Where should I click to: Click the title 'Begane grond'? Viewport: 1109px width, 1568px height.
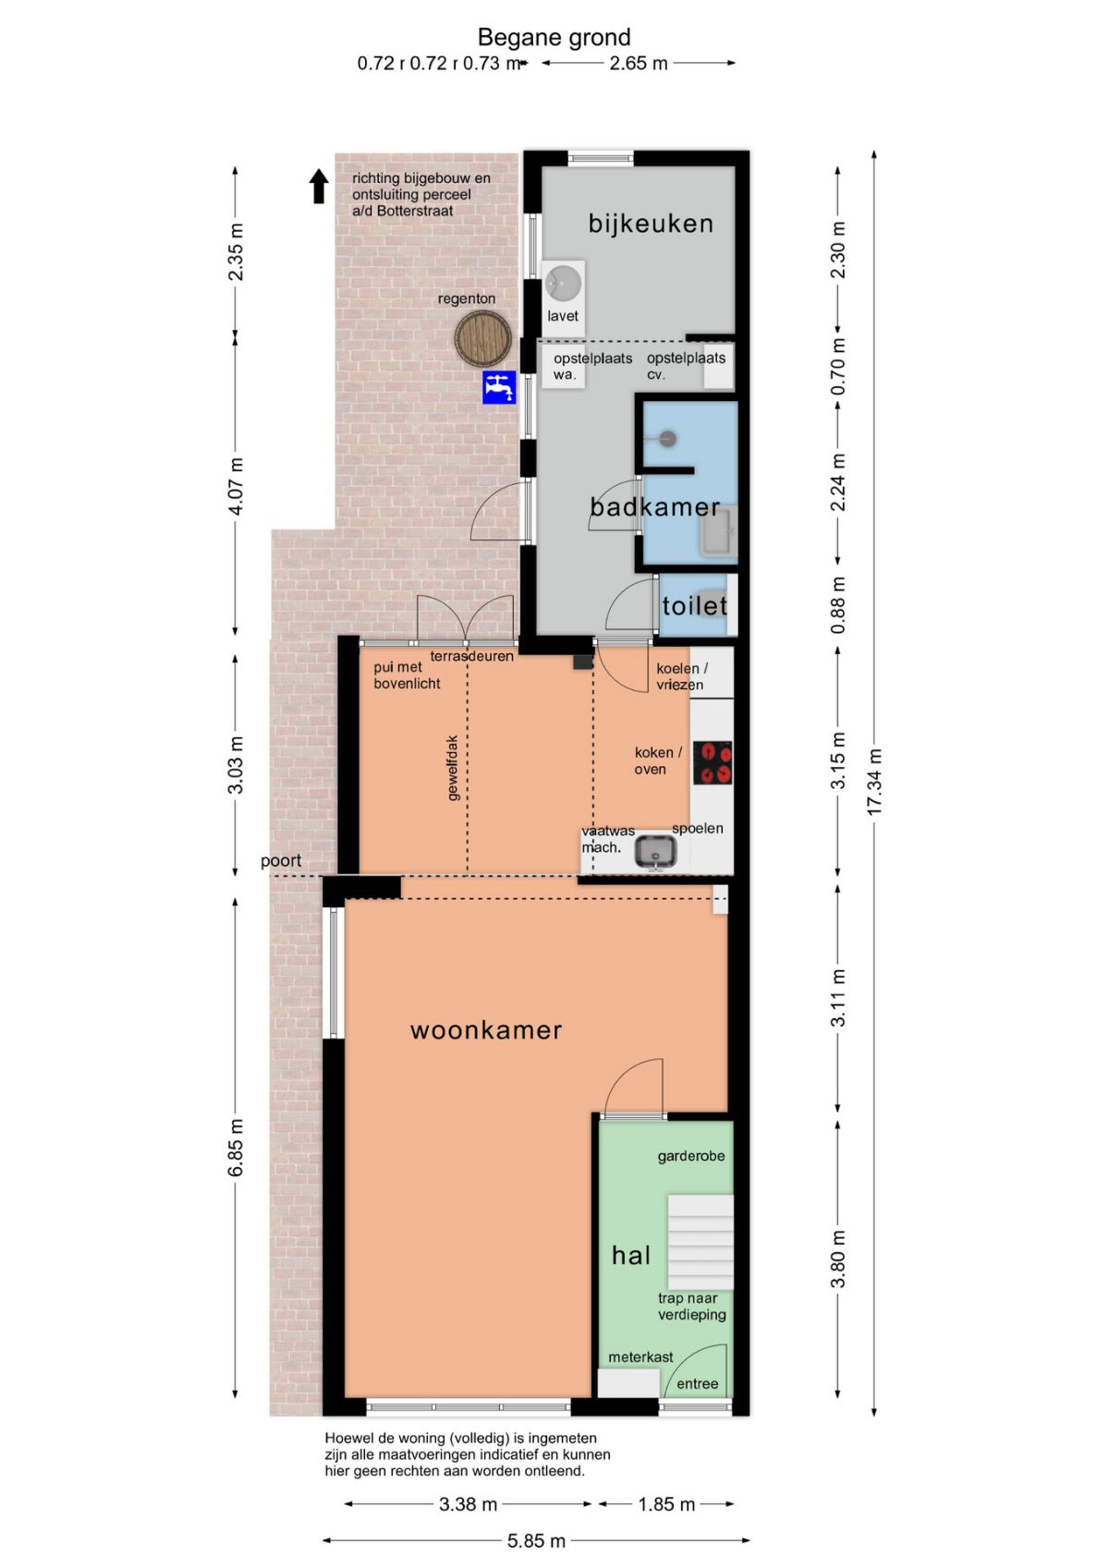click(554, 37)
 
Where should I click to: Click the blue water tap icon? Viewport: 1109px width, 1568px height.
click(499, 387)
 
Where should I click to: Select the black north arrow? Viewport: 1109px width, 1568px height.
click(319, 187)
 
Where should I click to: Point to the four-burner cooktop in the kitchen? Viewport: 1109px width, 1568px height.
click(713, 762)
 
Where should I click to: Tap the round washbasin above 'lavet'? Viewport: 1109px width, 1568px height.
click(563, 283)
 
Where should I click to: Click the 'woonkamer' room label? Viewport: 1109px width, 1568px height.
click(486, 1030)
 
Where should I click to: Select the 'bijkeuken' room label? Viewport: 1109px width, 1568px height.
click(652, 224)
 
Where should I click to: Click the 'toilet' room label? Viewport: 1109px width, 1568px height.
click(695, 605)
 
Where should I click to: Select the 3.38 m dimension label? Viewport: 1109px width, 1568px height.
click(468, 1503)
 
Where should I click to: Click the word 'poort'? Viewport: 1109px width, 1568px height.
click(281, 861)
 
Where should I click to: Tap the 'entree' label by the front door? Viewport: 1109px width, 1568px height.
click(698, 1384)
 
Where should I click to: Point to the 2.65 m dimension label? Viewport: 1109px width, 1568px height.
click(639, 63)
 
